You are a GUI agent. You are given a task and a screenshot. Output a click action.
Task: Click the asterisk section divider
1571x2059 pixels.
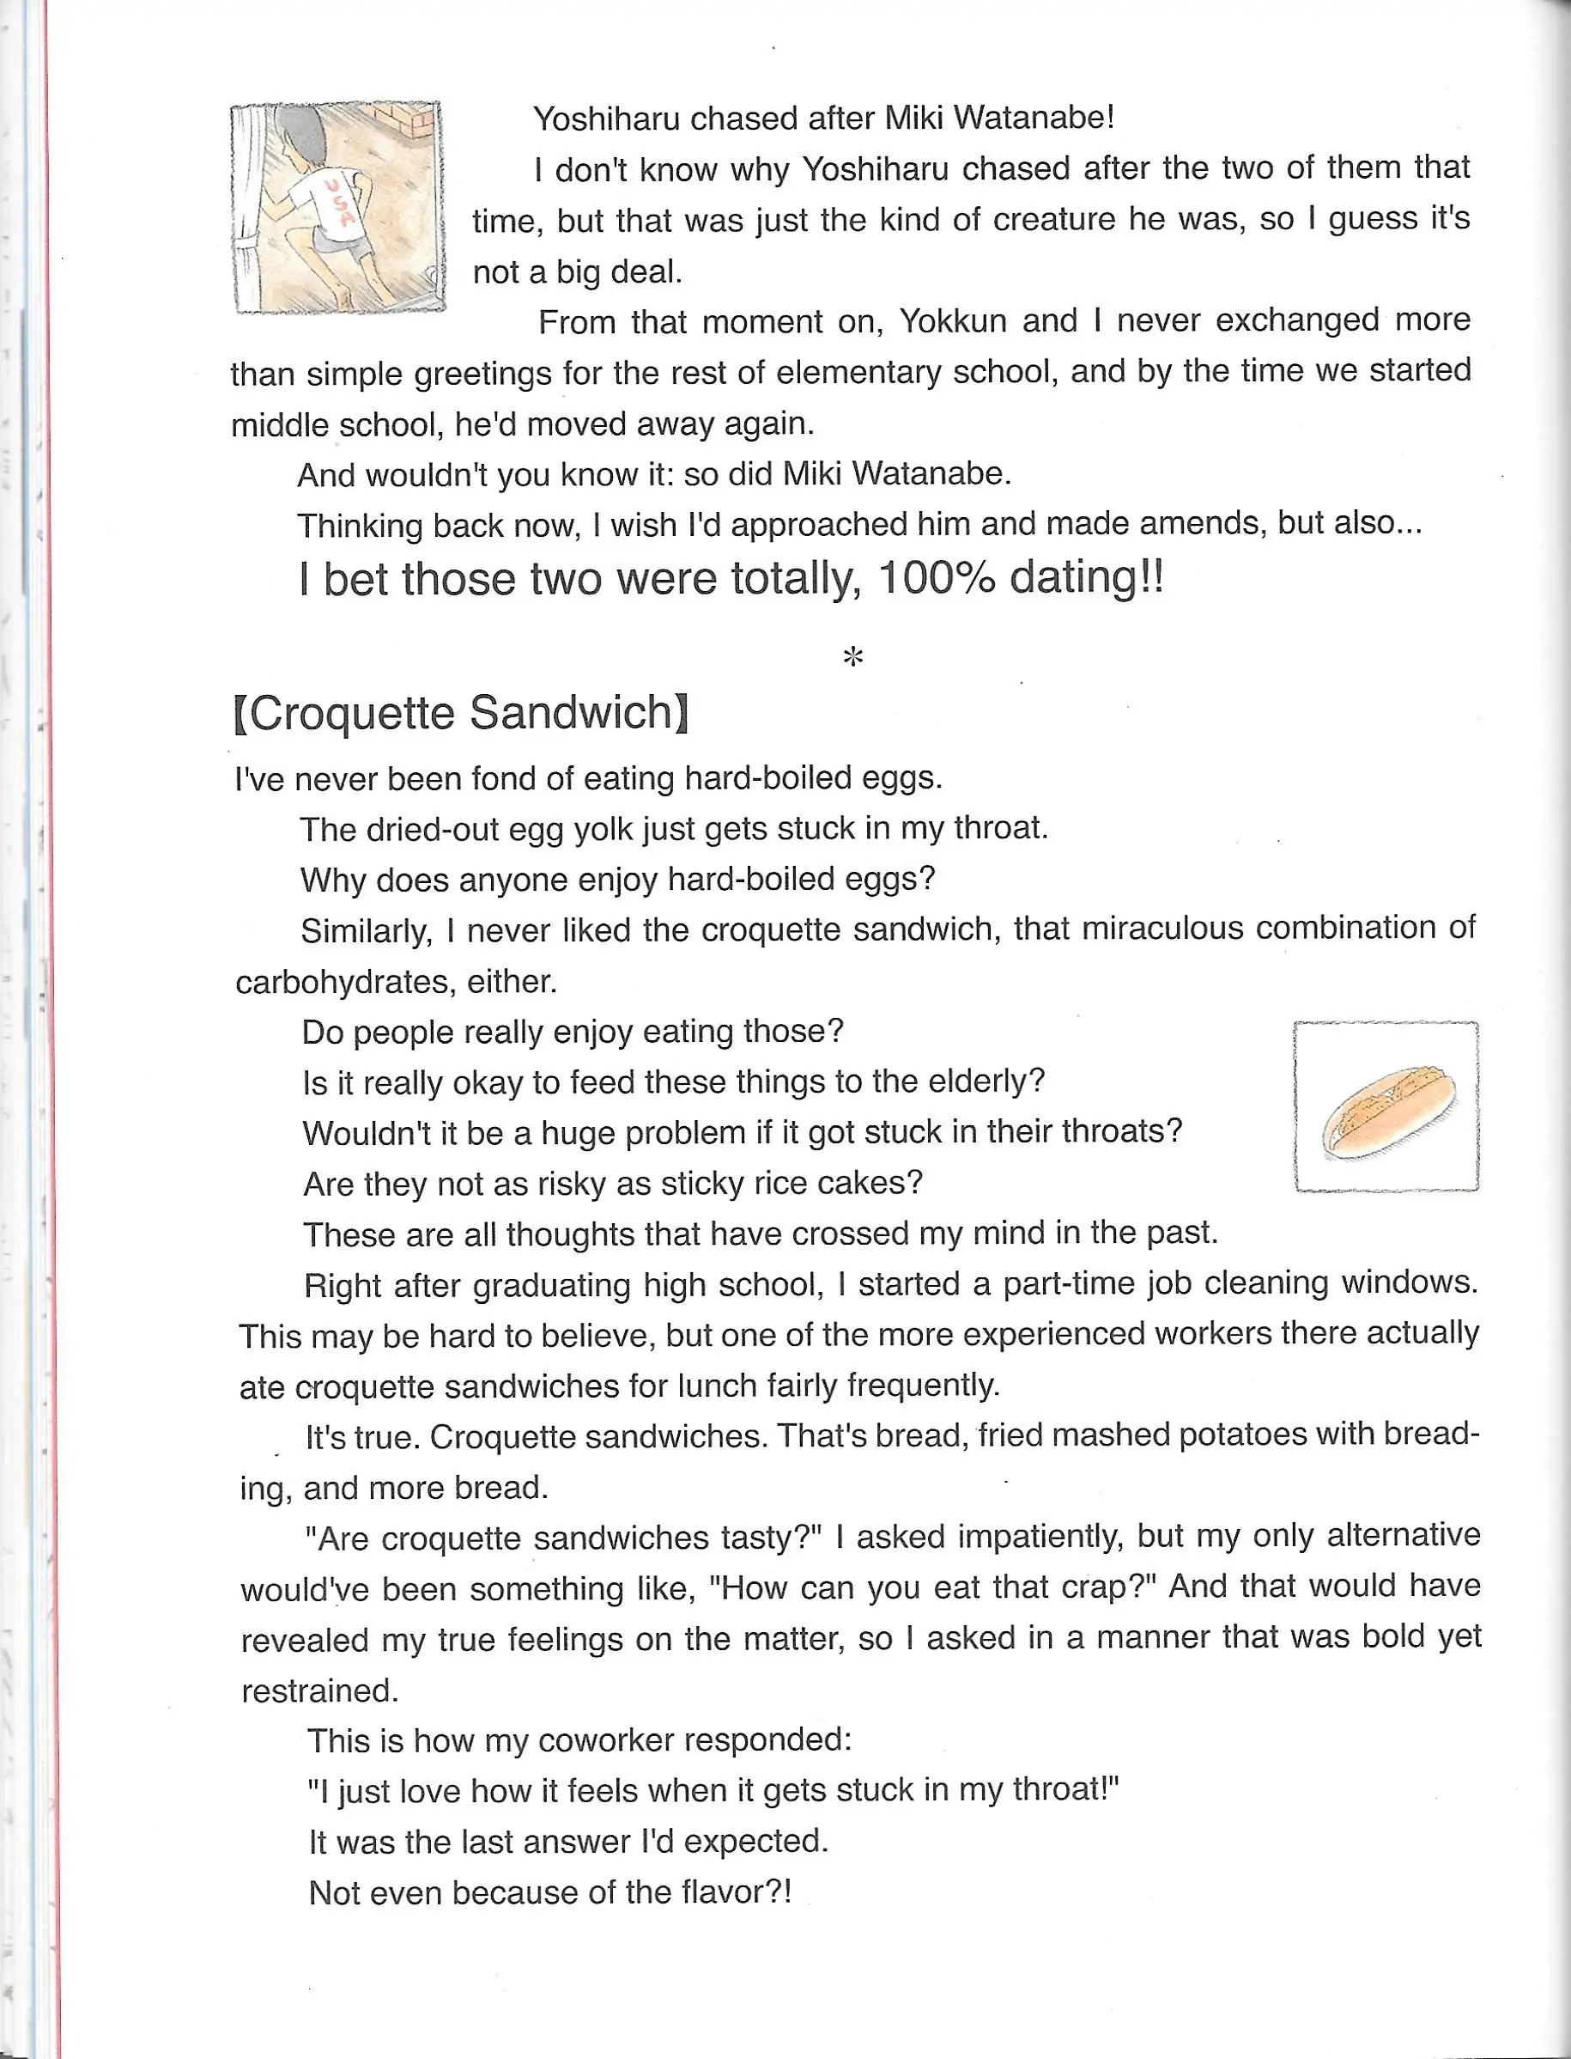[x=852, y=657]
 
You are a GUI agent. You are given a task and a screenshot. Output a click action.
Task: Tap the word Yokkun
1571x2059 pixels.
[x=952, y=321]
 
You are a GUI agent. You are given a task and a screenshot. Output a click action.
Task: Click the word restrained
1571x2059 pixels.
[x=318, y=1690]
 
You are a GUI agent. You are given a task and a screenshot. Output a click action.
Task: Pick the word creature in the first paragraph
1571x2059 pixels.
[x=1053, y=220]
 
